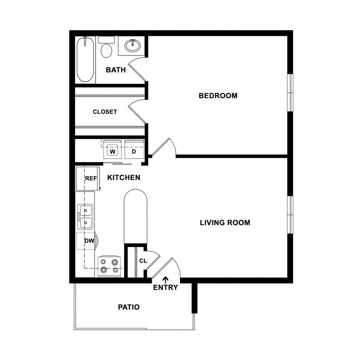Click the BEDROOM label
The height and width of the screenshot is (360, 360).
click(218, 96)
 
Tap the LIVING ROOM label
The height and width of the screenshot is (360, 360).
click(225, 223)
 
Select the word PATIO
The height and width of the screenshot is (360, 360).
click(129, 307)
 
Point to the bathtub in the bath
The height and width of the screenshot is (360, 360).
click(85, 60)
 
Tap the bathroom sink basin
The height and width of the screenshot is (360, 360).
click(133, 45)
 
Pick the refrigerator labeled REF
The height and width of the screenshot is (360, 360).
click(88, 179)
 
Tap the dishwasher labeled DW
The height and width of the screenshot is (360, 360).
click(86, 241)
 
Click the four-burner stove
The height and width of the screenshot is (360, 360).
click(109, 266)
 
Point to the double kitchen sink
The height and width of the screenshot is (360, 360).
click(85, 217)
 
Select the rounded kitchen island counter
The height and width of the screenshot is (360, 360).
click(135, 217)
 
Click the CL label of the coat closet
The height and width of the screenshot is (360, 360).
click(143, 261)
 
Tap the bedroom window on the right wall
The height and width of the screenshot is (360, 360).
click(290, 93)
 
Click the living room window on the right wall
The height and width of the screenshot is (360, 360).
click(290, 215)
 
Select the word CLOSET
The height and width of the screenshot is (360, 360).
click(105, 112)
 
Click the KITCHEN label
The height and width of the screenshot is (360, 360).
click(124, 178)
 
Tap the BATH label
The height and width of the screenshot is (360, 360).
click(116, 70)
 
